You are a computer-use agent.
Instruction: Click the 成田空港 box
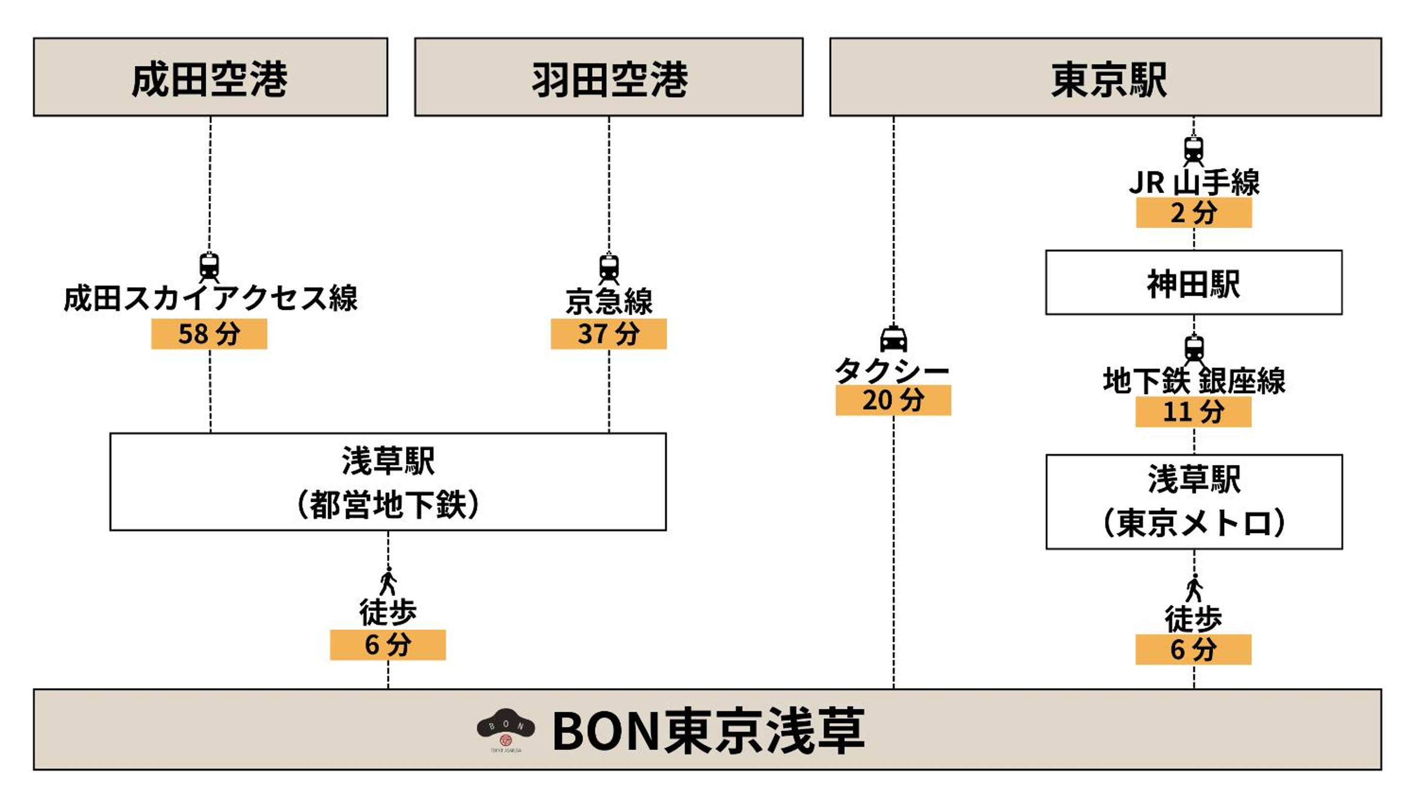[x=210, y=77]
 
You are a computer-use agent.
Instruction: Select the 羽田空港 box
[x=608, y=77]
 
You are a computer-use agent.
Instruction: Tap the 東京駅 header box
[x=1105, y=77]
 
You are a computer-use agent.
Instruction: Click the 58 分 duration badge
[x=209, y=333]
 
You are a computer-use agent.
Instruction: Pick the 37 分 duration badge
[x=608, y=333]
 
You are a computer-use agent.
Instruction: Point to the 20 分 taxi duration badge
[x=893, y=400]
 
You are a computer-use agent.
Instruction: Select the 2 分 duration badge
[x=1194, y=212]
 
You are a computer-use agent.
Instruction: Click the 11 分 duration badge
[x=1193, y=412]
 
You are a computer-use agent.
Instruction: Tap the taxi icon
[x=893, y=339]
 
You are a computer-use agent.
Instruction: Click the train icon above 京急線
[x=608, y=268]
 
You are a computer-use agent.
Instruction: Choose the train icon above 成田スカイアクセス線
[x=209, y=267]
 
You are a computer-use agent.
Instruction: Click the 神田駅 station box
[x=1193, y=283]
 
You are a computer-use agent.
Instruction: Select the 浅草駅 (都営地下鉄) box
[x=388, y=482]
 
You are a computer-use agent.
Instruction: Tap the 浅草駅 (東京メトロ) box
[x=1194, y=501]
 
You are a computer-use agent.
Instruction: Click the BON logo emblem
[x=505, y=729]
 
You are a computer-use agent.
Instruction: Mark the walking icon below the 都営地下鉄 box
[x=388, y=581]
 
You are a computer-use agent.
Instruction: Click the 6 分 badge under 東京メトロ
[x=1193, y=649]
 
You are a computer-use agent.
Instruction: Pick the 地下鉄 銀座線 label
[x=1194, y=381]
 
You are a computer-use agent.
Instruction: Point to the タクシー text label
[x=892, y=370]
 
